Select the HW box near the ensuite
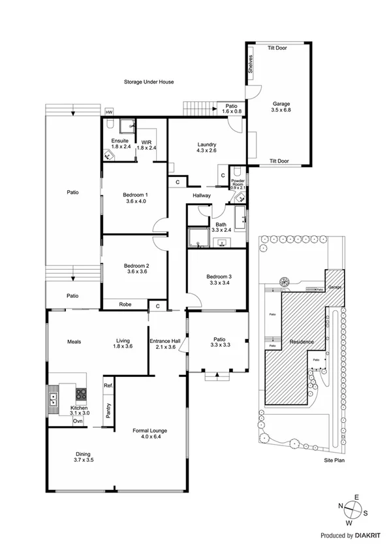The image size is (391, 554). click(x=108, y=111)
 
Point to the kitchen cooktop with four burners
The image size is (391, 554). click(x=81, y=394)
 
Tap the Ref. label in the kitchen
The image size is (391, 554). click(x=108, y=386)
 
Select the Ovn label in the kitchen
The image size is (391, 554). click(x=78, y=421)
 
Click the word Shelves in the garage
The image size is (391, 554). click(x=251, y=65)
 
